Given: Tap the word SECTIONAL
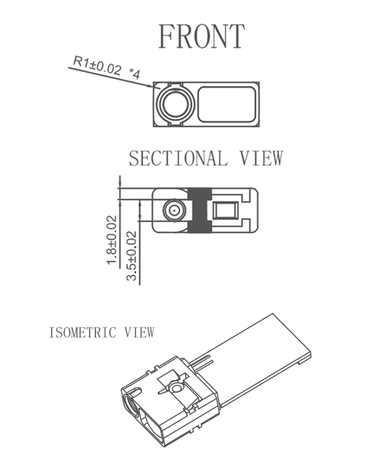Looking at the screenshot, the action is (x=178, y=158).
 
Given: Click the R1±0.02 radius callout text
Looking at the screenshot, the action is (x=97, y=66).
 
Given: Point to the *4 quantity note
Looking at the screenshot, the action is (x=134, y=74).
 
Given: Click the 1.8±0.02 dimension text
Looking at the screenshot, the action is (x=112, y=240).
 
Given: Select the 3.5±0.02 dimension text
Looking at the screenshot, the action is (x=132, y=256).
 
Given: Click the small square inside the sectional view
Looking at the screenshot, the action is (x=226, y=211).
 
